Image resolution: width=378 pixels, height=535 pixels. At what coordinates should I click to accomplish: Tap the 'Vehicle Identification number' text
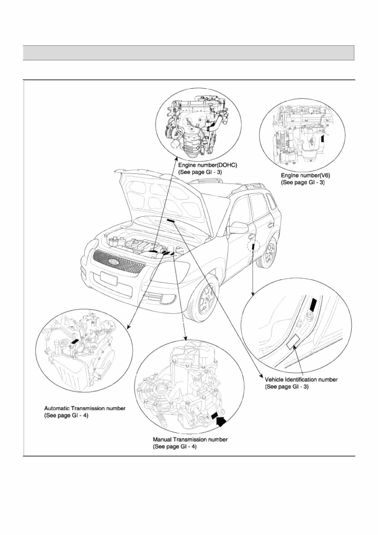pyautogui.click(x=301, y=379)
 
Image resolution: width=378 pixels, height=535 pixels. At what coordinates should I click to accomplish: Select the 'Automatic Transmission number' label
pyautogui.click(x=85, y=408)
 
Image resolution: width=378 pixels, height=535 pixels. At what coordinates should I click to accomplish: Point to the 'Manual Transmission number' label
pyautogui.click(x=190, y=439)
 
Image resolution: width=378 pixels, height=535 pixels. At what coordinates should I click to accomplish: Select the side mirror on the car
pyautogui.click(x=239, y=228)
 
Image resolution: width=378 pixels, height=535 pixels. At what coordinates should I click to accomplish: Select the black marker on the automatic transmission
pyautogui.click(x=75, y=341)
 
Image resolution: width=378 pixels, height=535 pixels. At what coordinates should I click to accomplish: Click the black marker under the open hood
pyautogui.click(x=171, y=220)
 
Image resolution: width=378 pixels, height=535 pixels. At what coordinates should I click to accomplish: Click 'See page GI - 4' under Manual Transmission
pyautogui.click(x=175, y=446)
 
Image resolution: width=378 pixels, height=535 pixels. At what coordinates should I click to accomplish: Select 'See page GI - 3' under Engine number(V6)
pyautogui.click(x=303, y=183)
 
